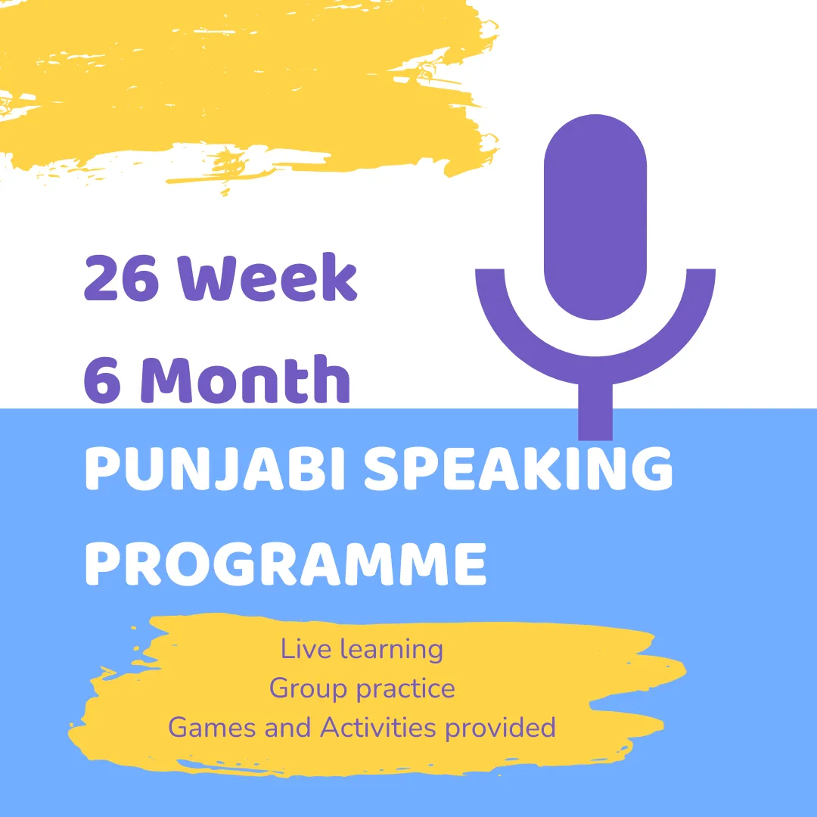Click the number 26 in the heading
(x=121, y=278)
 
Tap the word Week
(x=267, y=277)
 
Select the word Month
(x=245, y=379)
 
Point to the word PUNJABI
(x=215, y=468)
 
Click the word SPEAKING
(x=518, y=468)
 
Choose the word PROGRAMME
(x=285, y=564)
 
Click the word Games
(x=212, y=728)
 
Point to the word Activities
(x=377, y=728)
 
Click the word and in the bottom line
(x=287, y=728)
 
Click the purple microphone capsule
(x=595, y=217)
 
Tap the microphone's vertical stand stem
(x=595, y=412)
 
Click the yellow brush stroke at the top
(x=245, y=83)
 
